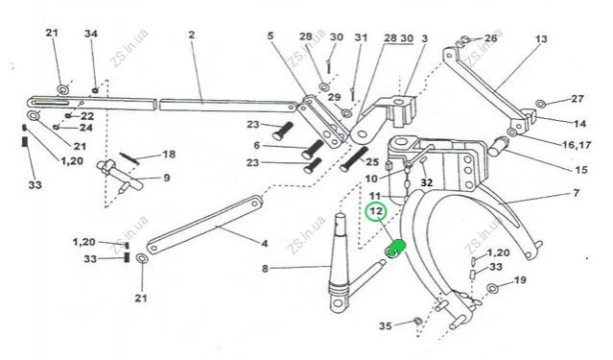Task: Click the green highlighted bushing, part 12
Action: [395, 249]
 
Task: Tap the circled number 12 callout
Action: [376, 212]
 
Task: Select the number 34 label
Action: [91, 34]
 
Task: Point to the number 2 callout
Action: [191, 35]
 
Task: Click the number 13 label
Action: [541, 39]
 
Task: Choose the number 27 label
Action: [578, 99]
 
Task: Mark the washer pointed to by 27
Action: [541, 104]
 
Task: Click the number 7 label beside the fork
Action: [577, 193]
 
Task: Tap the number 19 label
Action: [520, 280]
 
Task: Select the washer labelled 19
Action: [492, 289]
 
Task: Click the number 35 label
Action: [385, 325]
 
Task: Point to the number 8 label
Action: [265, 269]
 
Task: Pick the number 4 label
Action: [265, 244]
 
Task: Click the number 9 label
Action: [167, 178]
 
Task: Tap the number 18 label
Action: [169, 155]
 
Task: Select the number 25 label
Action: [372, 161]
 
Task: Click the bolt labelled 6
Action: [313, 150]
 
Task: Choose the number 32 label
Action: [427, 182]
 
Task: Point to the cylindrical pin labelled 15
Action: [497, 146]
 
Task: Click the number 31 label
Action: [361, 37]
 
